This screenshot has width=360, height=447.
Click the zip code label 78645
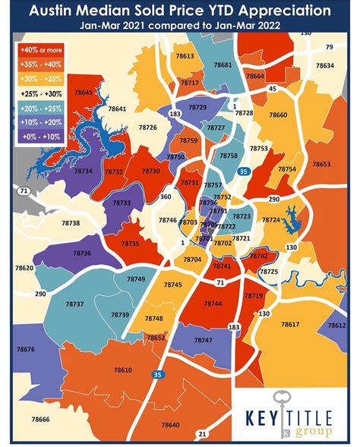click(84, 92)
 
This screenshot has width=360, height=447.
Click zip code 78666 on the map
click(40, 420)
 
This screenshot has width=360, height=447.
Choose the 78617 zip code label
click(290, 324)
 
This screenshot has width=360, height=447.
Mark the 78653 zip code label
click(321, 164)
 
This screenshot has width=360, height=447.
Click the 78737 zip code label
click(74, 304)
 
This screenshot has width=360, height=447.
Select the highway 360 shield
click(166, 197)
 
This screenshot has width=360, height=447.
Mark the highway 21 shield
click(202, 434)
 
